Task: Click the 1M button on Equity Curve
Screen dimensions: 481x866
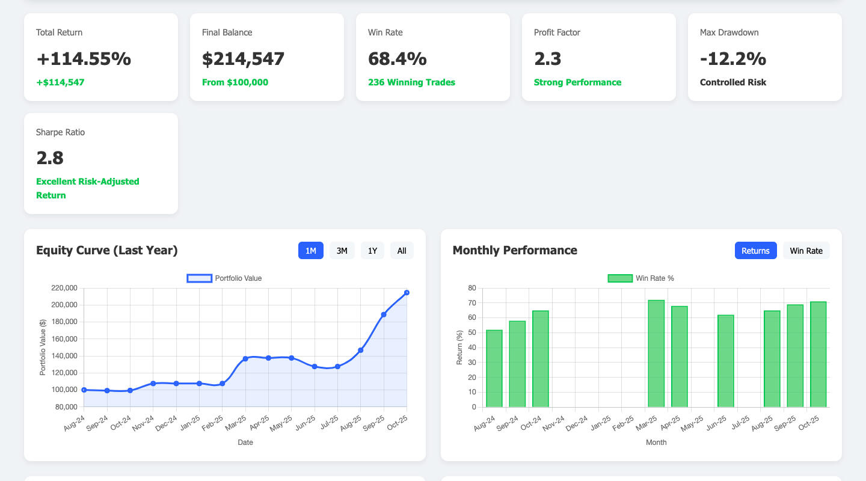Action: coord(311,251)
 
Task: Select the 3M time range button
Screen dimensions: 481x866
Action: coord(342,251)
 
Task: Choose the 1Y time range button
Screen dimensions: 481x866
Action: coord(372,251)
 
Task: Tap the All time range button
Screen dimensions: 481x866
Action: coord(402,251)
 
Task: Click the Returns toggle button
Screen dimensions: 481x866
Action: coord(755,251)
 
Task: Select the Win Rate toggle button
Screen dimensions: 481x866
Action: coord(806,251)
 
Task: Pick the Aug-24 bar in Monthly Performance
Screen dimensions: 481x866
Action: coord(494,369)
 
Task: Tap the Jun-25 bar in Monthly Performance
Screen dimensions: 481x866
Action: coord(726,361)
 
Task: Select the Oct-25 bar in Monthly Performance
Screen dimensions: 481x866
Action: coord(818,354)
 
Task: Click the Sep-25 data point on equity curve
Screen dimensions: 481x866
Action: coord(384,314)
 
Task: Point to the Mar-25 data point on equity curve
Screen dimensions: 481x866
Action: coord(245,359)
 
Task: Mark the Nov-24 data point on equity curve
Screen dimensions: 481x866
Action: coord(153,383)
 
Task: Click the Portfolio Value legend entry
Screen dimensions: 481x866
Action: coord(224,278)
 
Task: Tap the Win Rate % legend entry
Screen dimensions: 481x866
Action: coord(641,278)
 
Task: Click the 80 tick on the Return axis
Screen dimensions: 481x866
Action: coord(471,288)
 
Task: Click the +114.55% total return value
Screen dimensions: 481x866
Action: coord(84,59)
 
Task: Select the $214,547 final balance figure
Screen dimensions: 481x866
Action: coord(244,59)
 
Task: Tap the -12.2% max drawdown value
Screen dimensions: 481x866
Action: coord(733,59)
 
